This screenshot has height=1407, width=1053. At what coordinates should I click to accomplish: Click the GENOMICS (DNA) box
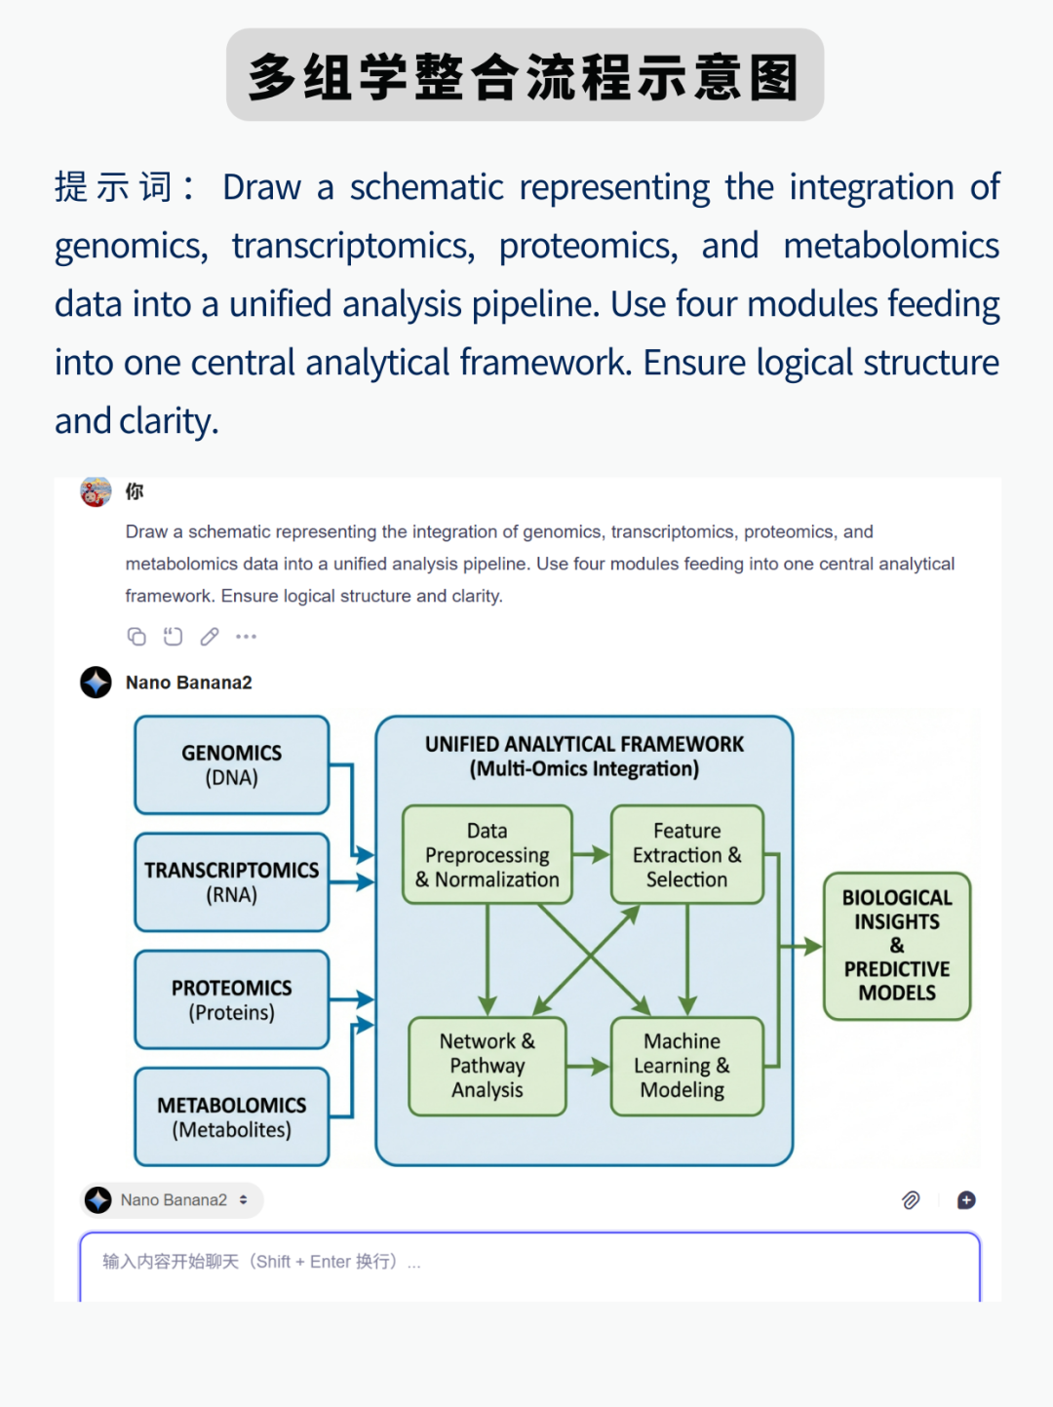pyautogui.click(x=232, y=765)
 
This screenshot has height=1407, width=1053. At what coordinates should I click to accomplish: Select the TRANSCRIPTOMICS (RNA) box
pyautogui.click(x=232, y=882)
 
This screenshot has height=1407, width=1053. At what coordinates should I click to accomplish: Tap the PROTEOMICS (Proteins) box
pyautogui.click(x=232, y=999)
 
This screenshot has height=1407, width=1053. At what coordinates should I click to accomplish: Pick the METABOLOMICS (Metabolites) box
pyautogui.click(x=232, y=1117)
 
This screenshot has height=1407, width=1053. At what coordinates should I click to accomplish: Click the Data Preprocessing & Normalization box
pyautogui.click(x=487, y=855)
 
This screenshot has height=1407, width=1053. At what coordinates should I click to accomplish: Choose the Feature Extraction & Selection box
pyautogui.click(x=687, y=855)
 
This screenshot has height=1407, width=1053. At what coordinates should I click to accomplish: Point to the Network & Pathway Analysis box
pyautogui.click(x=487, y=1066)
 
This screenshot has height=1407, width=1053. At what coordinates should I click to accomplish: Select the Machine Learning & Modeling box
pyautogui.click(x=687, y=1066)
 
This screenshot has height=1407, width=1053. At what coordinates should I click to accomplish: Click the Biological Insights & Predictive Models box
pyautogui.click(x=897, y=945)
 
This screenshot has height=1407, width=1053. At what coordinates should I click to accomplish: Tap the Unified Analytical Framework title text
pyautogui.click(x=584, y=756)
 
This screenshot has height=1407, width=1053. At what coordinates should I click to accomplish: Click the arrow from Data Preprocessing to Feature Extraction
pyautogui.click(x=591, y=855)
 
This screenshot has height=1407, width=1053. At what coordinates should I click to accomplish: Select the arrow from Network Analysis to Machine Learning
pyautogui.click(x=588, y=1067)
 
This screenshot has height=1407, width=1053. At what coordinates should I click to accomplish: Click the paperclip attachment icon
pyautogui.click(x=911, y=1200)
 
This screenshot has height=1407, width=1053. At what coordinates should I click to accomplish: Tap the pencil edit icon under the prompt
pyautogui.click(x=210, y=637)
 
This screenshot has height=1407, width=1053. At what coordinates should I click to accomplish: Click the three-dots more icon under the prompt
pyautogui.click(x=246, y=637)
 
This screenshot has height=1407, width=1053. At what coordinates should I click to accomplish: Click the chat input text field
pyautogui.click(x=529, y=1265)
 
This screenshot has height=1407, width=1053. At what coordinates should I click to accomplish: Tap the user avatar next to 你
pyautogui.click(x=96, y=491)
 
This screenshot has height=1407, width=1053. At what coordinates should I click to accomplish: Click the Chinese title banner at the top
pyautogui.click(x=525, y=75)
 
